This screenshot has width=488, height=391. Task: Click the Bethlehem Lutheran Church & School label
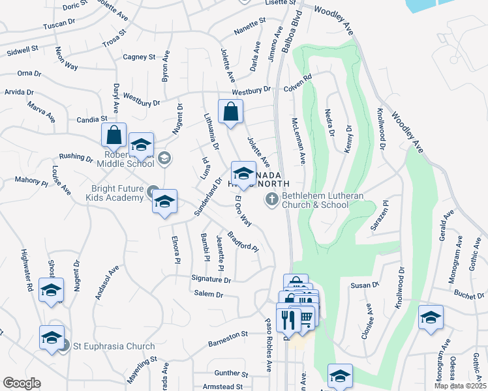coord(315,199)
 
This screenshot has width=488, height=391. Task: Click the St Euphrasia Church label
coord(114,346)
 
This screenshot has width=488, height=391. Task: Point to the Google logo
coord(22,383)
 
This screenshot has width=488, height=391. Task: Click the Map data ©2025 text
coord(460,386)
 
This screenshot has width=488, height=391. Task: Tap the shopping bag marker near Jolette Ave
coord(230,111)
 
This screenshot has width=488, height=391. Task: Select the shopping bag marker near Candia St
coord(114,136)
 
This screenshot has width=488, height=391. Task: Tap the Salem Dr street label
coord(209,295)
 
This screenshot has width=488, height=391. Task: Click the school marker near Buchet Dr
coord(431,317)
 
